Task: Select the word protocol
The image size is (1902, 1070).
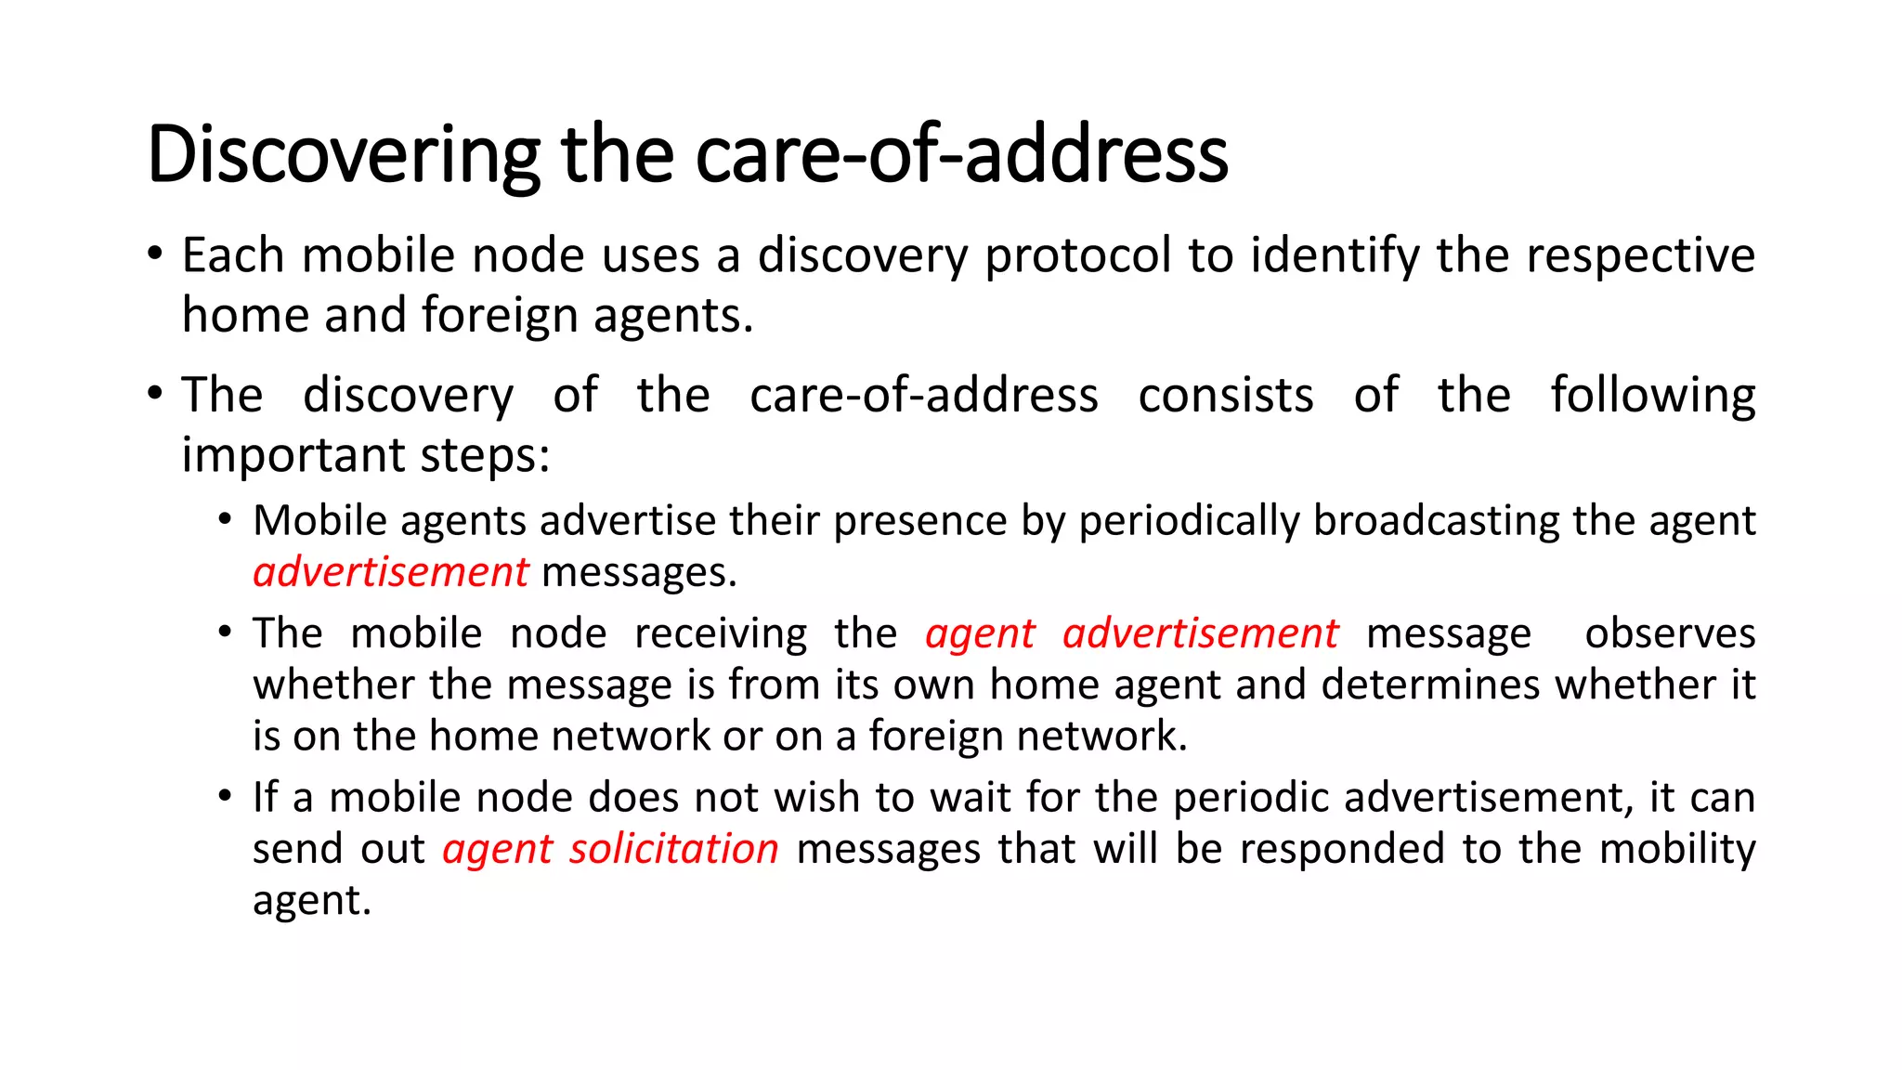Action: pyautogui.click(x=1078, y=255)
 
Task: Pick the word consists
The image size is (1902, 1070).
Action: pyautogui.click(x=1226, y=396)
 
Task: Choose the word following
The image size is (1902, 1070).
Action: pyautogui.click(x=1653, y=396)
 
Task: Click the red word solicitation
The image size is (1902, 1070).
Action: pyautogui.click(x=674, y=849)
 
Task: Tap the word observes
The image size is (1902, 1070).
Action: pyautogui.click(x=1670, y=634)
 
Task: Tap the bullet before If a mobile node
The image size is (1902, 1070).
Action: pyautogui.click(x=225, y=796)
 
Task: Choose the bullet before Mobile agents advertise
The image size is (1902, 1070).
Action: pyautogui.click(x=225, y=519)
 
